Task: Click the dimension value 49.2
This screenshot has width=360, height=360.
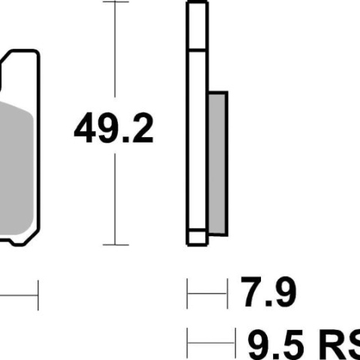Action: pos(113,127)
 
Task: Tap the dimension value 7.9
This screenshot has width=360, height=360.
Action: pos(268,292)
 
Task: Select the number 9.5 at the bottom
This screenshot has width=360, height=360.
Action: pos(276,345)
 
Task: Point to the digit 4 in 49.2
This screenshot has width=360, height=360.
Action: pos(85,128)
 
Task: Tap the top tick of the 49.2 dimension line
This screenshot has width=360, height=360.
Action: pos(115,1)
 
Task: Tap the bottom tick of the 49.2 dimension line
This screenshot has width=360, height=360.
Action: pos(115,244)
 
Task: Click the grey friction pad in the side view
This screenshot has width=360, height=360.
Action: pos(217,163)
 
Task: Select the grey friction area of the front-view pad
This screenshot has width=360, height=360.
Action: pos(16,168)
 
